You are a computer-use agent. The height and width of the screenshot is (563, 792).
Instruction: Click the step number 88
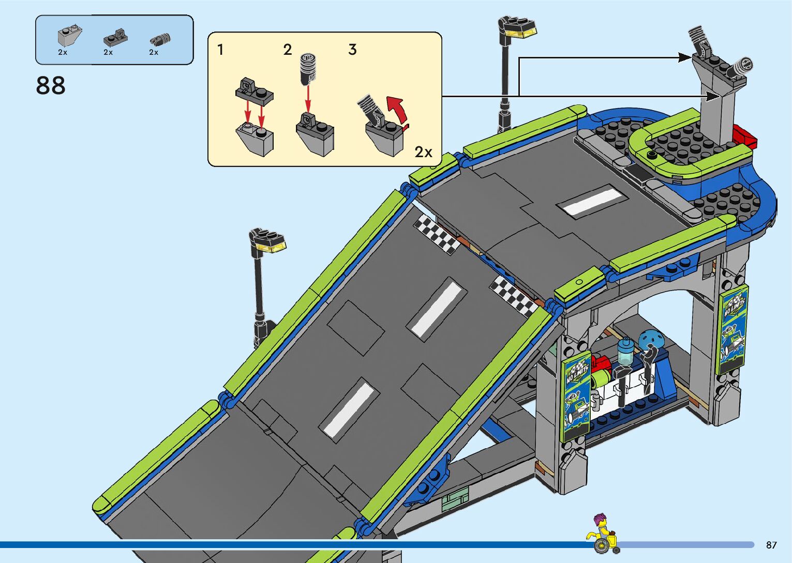(51, 86)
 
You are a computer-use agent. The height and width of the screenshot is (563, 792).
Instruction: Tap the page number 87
(771, 545)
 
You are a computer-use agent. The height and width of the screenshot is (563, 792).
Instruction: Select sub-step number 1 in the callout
(220, 50)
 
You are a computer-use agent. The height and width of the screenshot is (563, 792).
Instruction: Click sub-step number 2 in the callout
(288, 50)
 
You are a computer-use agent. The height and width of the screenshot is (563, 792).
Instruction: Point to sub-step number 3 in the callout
(352, 50)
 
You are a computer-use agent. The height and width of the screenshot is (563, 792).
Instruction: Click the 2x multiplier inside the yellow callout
(423, 152)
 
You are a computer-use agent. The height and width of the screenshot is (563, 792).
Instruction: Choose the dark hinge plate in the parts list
(115, 37)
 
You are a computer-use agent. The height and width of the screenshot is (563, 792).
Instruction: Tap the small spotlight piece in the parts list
(160, 39)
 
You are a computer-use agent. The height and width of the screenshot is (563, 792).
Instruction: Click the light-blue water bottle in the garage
(625, 352)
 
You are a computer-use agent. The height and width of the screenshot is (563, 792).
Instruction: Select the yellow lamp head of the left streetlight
(273, 246)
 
